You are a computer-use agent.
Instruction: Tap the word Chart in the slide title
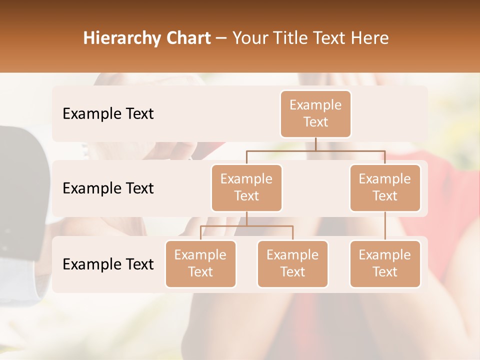(x=187, y=38)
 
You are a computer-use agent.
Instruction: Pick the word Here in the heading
(x=369, y=38)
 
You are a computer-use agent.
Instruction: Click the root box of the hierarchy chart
(x=315, y=113)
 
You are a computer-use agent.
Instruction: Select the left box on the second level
(x=246, y=187)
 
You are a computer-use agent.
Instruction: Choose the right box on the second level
(x=385, y=187)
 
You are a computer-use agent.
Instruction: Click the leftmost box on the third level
(x=200, y=263)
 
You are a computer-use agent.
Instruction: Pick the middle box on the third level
(x=292, y=263)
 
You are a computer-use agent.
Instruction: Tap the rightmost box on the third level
(x=385, y=263)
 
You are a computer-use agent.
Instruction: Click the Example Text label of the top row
(x=108, y=114)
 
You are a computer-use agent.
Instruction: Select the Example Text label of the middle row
(x=108, y=188)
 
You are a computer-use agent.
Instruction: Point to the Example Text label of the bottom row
(x=108, y=264)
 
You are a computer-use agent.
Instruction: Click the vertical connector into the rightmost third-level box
(x=385, y=226)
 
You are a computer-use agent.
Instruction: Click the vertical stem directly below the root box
(x=315, y=144)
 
